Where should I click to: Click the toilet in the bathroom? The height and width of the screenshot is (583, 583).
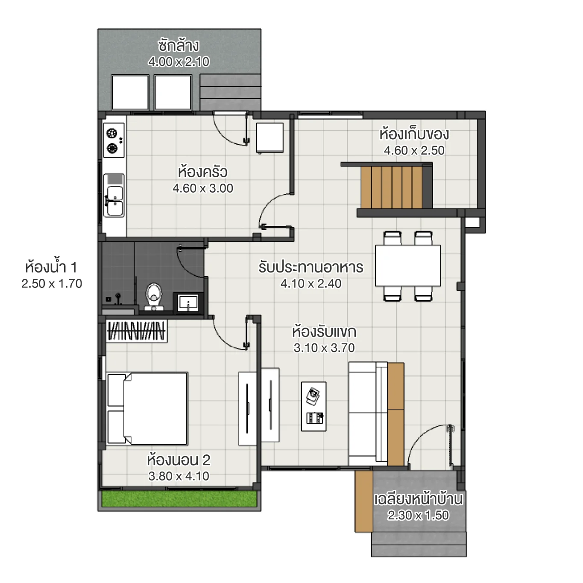point(154,296)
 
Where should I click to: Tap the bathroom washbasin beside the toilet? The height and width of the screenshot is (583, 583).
point(187,302)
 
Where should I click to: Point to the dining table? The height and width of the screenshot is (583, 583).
point(407,266)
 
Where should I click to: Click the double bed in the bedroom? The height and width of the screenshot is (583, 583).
point(147,408)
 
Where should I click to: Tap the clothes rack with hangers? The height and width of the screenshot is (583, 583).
point(136,331)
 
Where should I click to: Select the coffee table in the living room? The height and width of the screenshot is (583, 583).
point(313,406)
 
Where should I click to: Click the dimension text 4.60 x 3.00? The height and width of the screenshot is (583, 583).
point(203,188)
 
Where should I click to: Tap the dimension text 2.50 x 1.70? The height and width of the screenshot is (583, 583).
point(52,284)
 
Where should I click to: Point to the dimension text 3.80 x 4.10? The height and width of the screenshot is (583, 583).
point(179,476)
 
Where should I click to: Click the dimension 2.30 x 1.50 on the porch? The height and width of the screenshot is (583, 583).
point(418,516)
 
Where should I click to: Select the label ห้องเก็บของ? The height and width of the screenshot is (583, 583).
point(414,134)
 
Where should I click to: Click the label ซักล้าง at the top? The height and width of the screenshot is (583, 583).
point(179,45)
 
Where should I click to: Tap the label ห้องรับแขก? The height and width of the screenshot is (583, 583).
point(324,331)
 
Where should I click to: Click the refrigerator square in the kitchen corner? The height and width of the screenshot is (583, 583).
point(270,138)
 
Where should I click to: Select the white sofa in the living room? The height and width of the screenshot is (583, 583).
point(368,413)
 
